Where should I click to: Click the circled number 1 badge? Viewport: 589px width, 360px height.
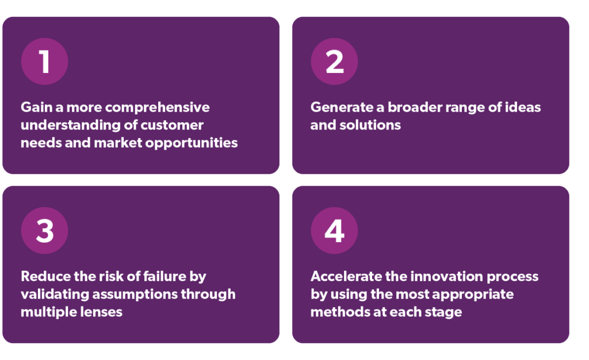pos(44,62)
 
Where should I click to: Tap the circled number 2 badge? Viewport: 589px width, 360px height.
pos(334,62)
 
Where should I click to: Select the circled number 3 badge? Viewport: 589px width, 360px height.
pos(44,231)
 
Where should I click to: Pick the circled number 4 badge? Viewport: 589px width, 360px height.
pos(334,231)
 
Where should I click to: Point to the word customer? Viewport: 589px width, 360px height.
pos(175,125)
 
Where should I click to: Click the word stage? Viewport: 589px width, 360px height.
pos(445,312)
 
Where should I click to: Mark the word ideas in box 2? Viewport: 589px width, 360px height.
pos(522,108)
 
